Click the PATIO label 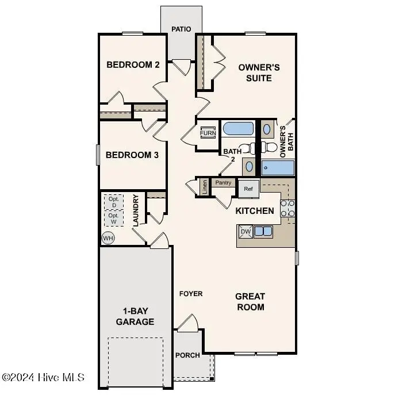click(181, 29)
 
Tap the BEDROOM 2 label click(133, 64)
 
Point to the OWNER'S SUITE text click(259, 72)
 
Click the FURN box click(208, 133)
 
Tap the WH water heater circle click(108, 237)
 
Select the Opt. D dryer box click(114, 202)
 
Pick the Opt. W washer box click(114, 218)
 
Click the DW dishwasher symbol click(246, 232)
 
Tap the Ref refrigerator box click(248, 188)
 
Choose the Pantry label click(223, 183)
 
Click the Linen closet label click(204, 187)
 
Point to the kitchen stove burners click(287, 211)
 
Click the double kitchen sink click(264, 231)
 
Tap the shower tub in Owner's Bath click(278, 168)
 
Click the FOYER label click(191, 293)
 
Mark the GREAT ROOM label click(250, 301)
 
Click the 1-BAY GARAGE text click(135, 316)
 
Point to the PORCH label click(187, 355)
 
